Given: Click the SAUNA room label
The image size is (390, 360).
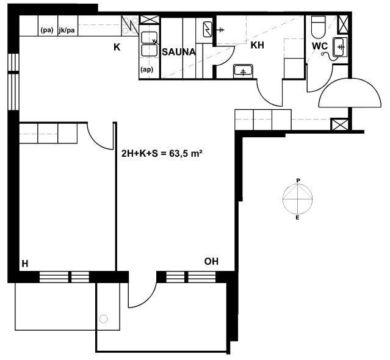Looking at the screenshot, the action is [x=179, y=52].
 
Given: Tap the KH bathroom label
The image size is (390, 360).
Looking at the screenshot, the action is [x=257, y=45].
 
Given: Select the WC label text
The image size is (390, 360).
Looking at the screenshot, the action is [x=320, y=46].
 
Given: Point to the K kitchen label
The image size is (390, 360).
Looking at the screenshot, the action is [x=117, y=47].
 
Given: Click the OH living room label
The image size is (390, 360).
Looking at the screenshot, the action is [x=211, y=261].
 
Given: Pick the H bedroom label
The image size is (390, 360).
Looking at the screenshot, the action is [x=25, y=264].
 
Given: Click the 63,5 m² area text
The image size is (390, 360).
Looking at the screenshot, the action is [x=186, y=154].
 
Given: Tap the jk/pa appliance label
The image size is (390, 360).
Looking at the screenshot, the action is [x=67, y=31].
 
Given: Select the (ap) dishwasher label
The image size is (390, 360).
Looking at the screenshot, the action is [x=146, y=70].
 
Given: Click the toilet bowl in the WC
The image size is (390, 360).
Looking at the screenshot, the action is [x=319, y=27].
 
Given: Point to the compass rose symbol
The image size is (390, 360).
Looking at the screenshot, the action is [x=298, y=199].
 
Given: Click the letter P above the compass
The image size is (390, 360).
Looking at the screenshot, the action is [x=298, y=181].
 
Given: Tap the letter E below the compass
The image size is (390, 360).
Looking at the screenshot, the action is [x=297, y=218].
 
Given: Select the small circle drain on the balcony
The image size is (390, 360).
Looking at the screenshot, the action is [x=104, y=319].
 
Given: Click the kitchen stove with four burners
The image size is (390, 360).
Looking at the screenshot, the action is [x=130, y=25].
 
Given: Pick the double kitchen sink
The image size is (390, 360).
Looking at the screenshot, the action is [x=150, y=44].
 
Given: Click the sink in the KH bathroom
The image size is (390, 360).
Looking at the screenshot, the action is [x=243, y=71].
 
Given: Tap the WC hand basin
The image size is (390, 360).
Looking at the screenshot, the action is [x=339, y=47].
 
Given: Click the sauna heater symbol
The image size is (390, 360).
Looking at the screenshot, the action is [x=207, y=29].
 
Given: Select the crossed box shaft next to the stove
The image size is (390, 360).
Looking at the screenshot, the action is [x=150, y=20].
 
